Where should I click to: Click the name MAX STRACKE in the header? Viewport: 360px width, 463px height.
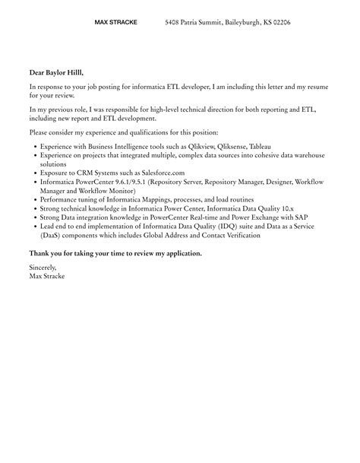pos(115,23)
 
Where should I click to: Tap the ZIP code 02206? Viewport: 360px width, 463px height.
pos(279,23)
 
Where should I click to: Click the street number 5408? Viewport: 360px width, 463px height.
pos(172,23)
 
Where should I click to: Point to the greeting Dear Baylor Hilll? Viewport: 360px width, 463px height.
pos(57,73)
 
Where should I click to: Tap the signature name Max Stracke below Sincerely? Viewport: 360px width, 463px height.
pos(47,276)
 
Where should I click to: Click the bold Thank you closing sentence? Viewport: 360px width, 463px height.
pos(115,253)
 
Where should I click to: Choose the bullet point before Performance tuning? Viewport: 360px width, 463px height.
pos(35,200)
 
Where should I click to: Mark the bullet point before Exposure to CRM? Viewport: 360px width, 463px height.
pos(35,173)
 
